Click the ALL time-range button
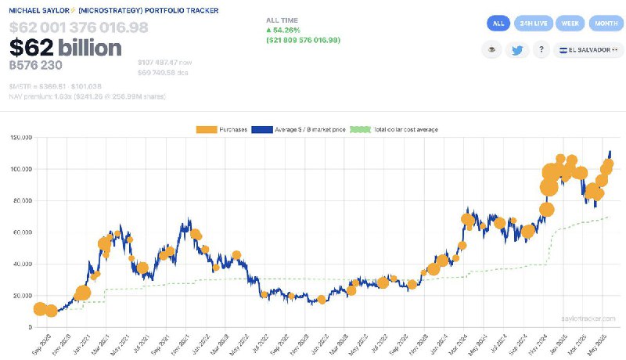pos(498,23)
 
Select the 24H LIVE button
pos(534,23)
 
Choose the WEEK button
pos(569,23)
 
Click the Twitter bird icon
pos(517,50)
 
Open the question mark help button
pos(541,50)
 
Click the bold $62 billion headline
pos(65,49)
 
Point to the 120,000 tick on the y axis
pos(17,138)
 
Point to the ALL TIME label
pos(282,18)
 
